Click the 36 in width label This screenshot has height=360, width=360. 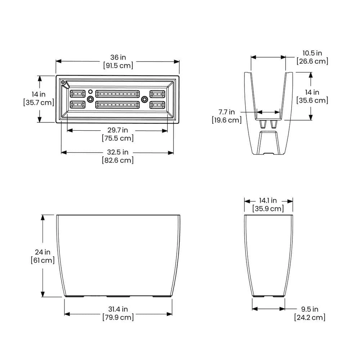(118, 58)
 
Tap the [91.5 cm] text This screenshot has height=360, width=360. (118, 66)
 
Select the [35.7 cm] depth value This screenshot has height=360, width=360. (39, 103)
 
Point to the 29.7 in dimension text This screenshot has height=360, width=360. (118, 130)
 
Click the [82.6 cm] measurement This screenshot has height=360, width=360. (118, 160)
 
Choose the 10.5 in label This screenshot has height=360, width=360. (312, 53)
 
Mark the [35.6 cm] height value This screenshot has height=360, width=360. (312, 100)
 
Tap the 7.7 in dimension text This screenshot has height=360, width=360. (227, 112)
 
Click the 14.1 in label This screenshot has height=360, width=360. (268, 201)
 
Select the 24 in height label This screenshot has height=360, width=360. (42, 252)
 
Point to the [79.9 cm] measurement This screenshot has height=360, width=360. (118, 317)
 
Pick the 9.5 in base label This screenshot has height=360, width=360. (310, 309)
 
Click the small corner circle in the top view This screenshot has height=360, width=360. (63, 83)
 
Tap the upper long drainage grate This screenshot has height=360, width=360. (117, 94)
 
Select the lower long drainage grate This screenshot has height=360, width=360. (117, 105)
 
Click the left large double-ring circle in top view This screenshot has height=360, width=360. (90, 99)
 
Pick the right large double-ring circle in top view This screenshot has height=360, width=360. (145, 99)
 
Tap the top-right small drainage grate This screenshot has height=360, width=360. (157, 94)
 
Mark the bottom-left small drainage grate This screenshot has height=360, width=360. (77, 105)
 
